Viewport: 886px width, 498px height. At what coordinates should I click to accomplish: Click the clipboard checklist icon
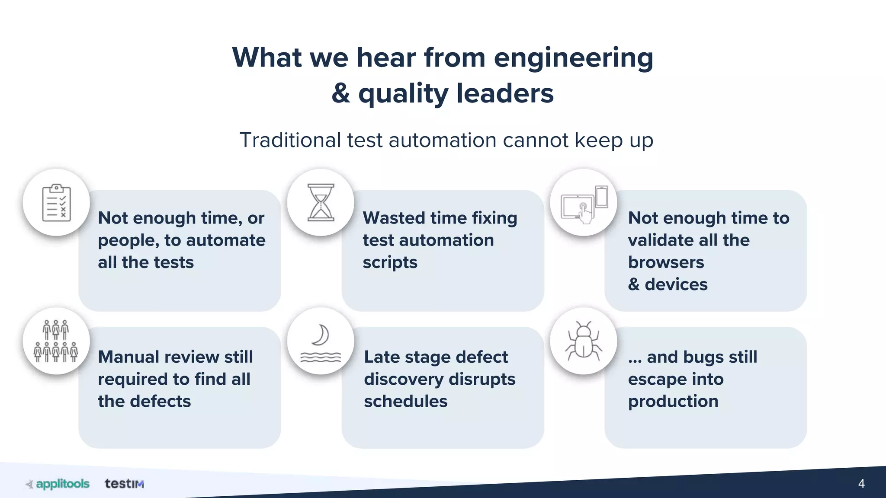56,203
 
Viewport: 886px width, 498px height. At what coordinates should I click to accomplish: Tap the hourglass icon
321,202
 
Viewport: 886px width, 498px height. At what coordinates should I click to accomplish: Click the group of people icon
56,341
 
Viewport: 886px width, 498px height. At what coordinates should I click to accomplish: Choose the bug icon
584,341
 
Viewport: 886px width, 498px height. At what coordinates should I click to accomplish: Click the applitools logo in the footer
58,484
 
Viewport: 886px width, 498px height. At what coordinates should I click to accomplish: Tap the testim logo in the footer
124,484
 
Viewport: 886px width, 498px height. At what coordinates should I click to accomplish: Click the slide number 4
861,483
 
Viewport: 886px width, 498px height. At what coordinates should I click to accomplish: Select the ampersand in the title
341,93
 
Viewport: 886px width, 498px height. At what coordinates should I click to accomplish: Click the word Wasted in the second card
394,218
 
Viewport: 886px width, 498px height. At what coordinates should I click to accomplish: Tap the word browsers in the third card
666,262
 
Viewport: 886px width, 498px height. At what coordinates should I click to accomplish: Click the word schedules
405,401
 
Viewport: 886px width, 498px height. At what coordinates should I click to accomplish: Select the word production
673,402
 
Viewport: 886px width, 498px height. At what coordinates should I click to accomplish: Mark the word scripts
390,263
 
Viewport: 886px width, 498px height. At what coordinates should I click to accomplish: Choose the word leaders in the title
505,93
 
